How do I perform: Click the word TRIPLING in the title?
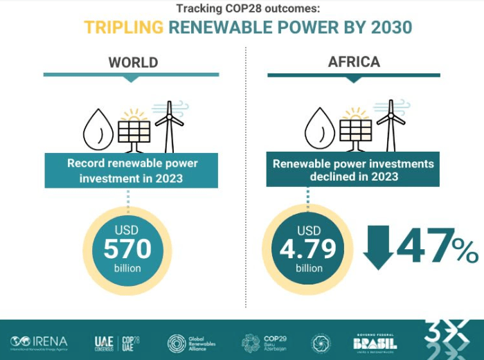pos(124,28)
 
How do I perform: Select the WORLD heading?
pos(133,62)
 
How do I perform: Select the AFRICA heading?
pos(354,62)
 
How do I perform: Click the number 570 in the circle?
pos(127,249)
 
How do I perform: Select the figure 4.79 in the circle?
pos(308,249)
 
